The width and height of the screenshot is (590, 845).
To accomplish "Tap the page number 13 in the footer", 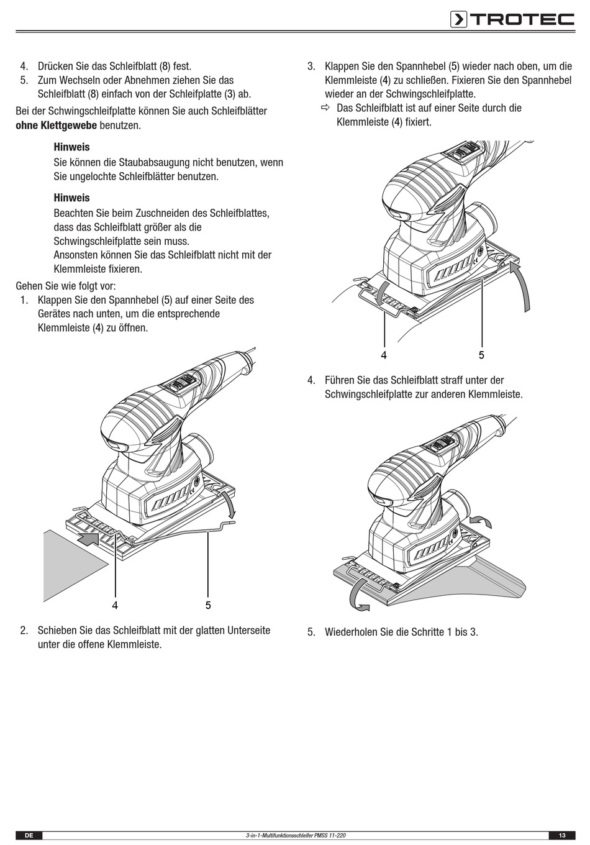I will [x=561, y=836].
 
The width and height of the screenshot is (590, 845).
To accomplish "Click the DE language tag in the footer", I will [x=29, y=836].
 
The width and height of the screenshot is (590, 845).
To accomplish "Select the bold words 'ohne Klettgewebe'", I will [x=56, y=126].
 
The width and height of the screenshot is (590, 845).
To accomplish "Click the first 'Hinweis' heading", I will [x=71, y=147].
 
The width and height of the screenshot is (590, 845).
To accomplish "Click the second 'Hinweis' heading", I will [x=71, y=198].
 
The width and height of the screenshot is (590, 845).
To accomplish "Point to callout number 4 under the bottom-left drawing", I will [x=115, y=605].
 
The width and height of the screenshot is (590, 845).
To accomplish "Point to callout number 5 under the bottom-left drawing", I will [x=208, y=605].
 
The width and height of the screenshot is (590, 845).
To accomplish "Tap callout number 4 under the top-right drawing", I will [x=384, y=355].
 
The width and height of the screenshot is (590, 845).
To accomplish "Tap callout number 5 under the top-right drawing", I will [x=481, y=355].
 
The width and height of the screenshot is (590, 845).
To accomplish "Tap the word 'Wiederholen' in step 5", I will [x=351, y=633].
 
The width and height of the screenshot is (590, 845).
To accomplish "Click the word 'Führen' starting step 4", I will [x=340, y=380].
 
